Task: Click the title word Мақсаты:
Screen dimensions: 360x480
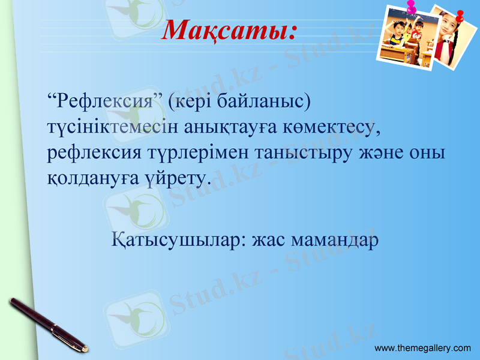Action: pos(230,29)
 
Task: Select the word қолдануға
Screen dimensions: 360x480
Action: pos(90,178)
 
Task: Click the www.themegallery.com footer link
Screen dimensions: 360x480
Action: pos(423,348)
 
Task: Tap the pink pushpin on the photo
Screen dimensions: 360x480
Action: pos(412,7)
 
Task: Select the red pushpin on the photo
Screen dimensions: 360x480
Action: pos(460,16)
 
